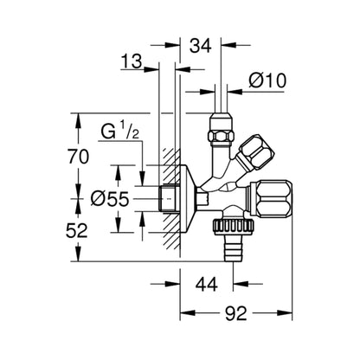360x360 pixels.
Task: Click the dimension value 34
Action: tap(200, 46)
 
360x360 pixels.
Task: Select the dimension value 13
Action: tap(132, 61)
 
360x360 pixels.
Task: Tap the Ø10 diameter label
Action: tap(267, 80)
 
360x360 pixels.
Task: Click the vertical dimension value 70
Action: tap(78, 157)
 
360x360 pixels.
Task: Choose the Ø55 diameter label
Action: tap(110, 199)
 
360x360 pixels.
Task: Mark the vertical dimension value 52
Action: tap(77, 231)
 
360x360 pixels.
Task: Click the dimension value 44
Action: tap(207, 284)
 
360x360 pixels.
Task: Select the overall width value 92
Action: tap(236, 313)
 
